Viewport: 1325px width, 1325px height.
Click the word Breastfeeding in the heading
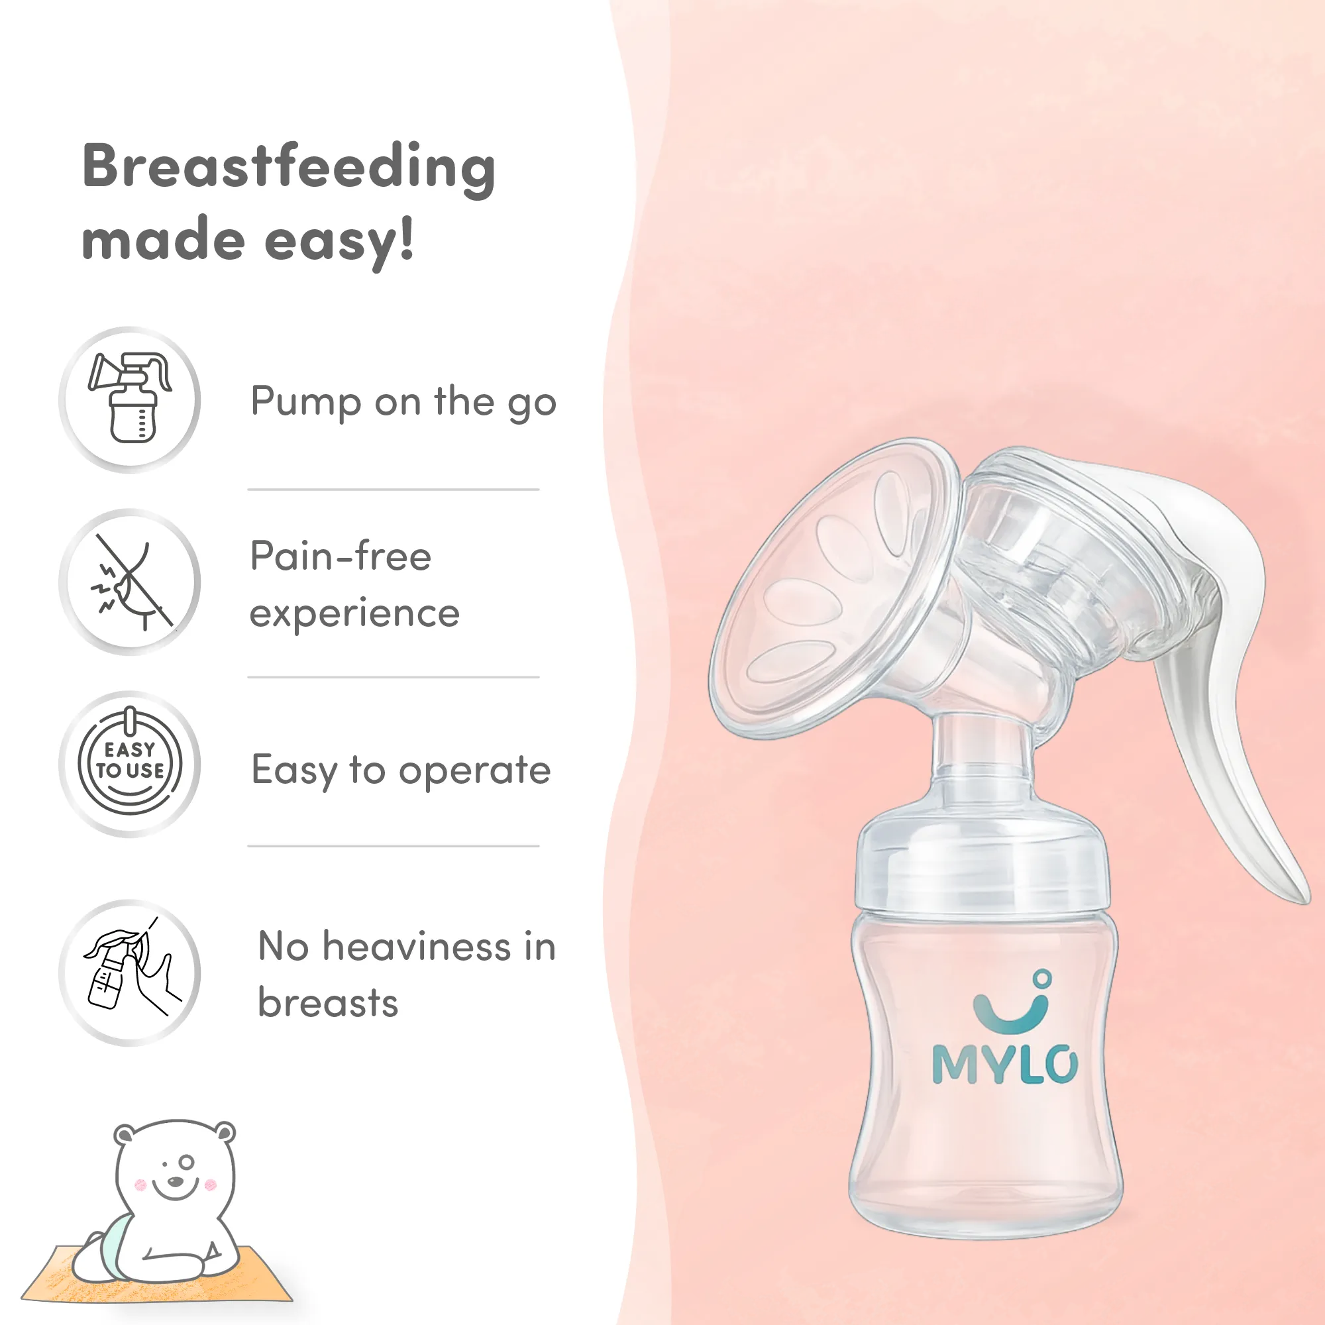(289, 168)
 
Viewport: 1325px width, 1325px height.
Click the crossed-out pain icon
(131, 582)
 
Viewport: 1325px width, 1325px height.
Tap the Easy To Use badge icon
(131, 762)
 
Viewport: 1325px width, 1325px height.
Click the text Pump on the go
(403, 403)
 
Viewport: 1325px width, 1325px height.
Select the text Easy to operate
(401, 770)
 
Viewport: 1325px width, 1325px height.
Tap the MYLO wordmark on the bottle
(1005, 1065)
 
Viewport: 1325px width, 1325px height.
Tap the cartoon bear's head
(175, 1166)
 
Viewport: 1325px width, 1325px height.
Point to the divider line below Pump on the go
(393, 490)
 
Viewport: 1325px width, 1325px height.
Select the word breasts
(328, 1003)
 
